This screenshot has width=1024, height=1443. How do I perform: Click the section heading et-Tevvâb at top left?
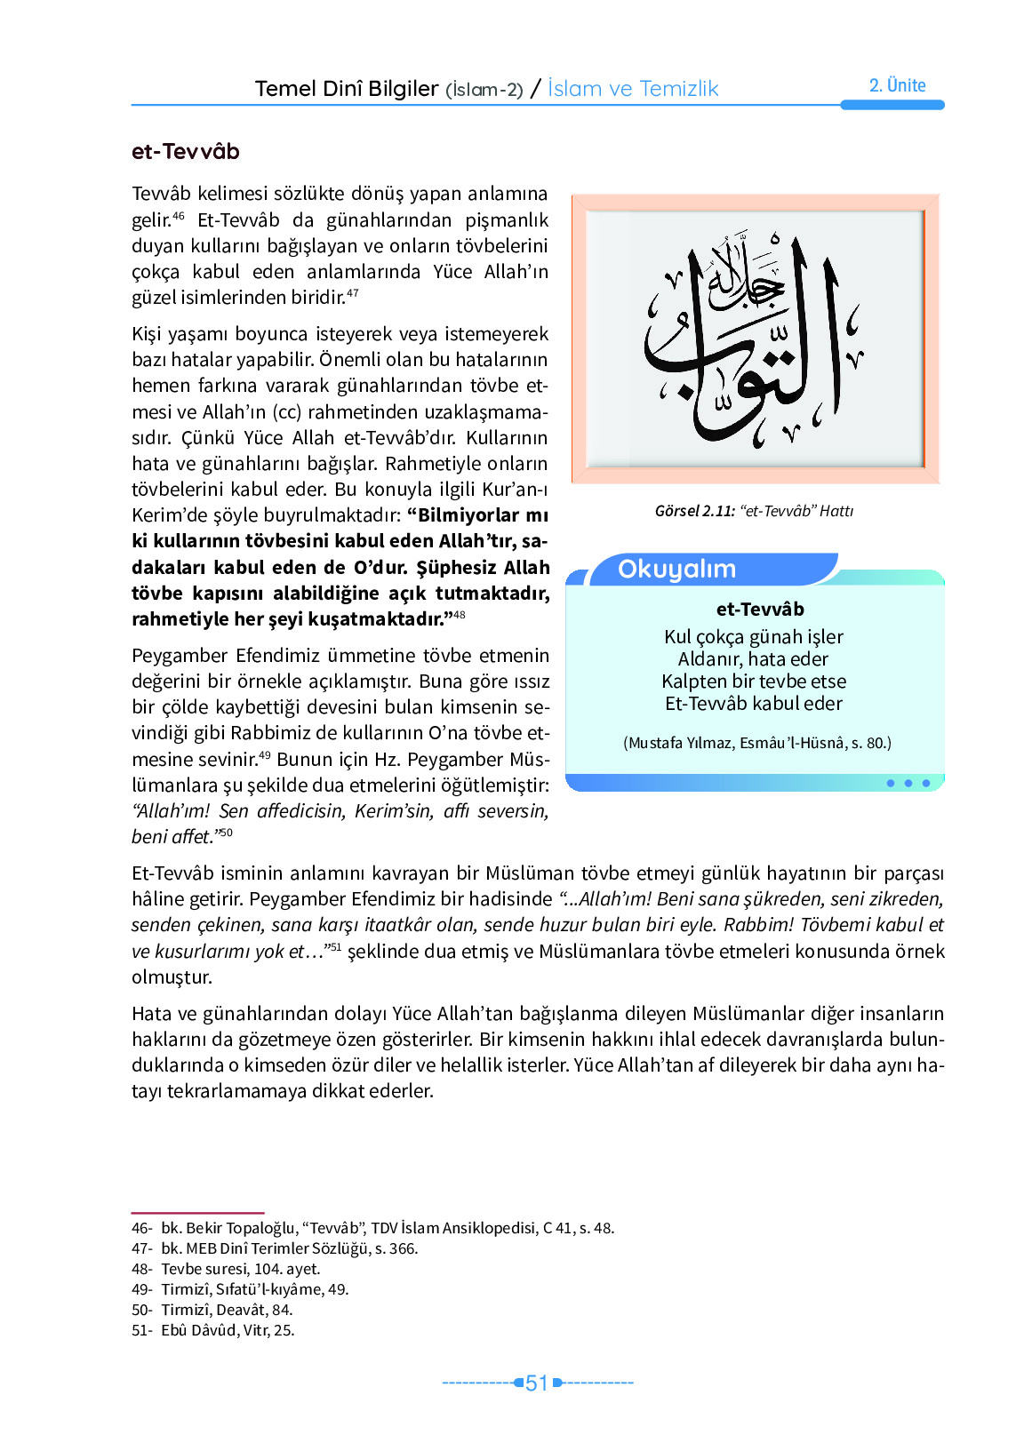tap(185, 152)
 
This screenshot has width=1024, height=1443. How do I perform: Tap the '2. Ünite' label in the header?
tap(897, 85)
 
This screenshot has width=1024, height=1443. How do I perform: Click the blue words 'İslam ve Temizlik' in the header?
tap(632, 89)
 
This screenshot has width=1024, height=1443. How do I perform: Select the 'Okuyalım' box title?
tap(676, 570)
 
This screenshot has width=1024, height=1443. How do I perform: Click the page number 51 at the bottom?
tap(537, 1383)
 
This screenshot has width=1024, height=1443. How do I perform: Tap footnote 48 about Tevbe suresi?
tap(226, 1269)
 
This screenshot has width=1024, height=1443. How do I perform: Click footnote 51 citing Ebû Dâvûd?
tap(212, 1330)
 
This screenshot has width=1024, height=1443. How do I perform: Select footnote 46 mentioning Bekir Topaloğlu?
tap(372, 1228)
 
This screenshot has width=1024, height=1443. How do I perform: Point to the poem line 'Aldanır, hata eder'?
tap(753, 659)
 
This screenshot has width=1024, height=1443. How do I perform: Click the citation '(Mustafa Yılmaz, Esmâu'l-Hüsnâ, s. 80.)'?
tap(756, 743)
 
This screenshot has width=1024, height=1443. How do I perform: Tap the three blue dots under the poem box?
tap(908, 784)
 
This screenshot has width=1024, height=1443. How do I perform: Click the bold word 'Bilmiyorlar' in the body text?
tap(468, 515)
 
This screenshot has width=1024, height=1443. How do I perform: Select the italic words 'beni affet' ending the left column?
tap(172, 837)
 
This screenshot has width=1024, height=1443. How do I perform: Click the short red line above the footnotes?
tap(197, 1212)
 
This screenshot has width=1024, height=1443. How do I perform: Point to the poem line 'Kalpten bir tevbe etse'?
tap(753, 682)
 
